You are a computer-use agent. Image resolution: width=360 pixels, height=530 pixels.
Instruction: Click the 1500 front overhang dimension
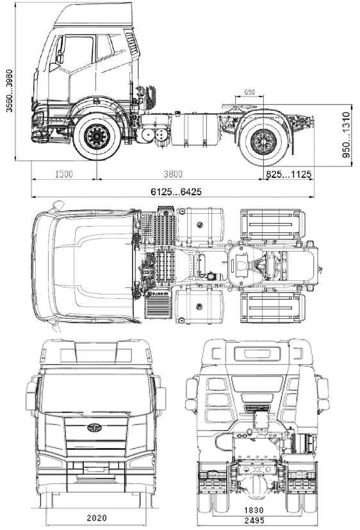pos(63,174)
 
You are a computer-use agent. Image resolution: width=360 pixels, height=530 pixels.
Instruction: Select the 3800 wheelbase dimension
pos(173,174)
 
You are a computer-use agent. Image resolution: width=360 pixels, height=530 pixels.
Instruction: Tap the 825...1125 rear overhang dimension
pos(288,174)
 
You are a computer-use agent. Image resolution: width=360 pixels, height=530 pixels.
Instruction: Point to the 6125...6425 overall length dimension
pos(176,192)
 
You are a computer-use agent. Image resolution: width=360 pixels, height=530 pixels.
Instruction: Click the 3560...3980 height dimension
pos(10,91)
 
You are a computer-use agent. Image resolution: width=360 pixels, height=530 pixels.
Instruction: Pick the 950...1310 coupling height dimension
pos(346,135)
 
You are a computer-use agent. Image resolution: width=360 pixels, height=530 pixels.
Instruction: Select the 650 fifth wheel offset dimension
pos(249,92)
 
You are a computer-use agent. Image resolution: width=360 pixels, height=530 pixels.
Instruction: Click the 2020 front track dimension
pos(97,517)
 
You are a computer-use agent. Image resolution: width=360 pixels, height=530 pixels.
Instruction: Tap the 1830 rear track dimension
pos(254,510)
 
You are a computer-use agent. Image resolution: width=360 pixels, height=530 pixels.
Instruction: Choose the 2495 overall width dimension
pos(254,520)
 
